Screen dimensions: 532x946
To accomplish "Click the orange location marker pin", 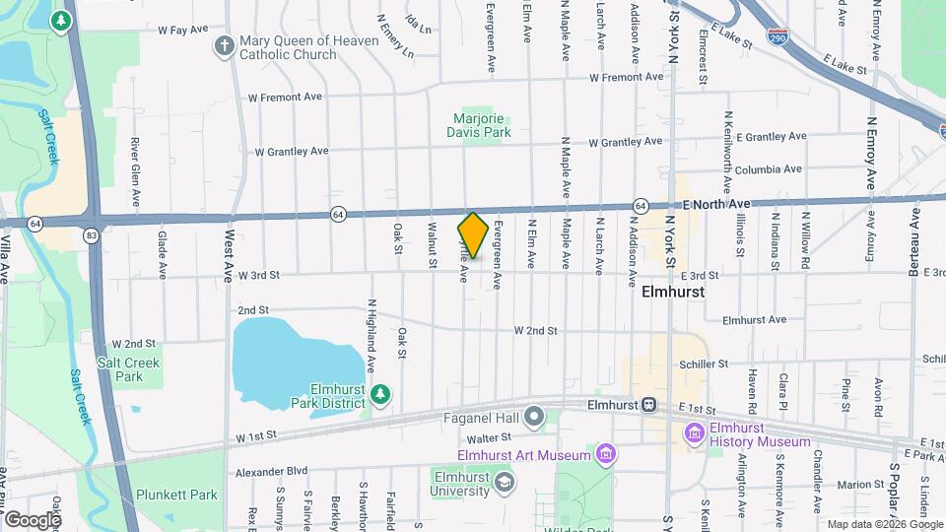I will coord(473,234).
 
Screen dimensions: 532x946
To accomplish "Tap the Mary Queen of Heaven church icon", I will coord(225,46).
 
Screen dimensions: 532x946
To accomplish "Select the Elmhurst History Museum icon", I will coord(696,432).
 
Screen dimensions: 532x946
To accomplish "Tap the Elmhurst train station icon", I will coord(649,404).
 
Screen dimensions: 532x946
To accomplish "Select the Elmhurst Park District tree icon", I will coord(380,395).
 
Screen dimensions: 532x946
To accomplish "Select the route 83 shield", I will coord(91,235).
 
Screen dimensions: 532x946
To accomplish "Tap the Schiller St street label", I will coord(704,364).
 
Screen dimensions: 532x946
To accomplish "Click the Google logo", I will coord(33,519).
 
